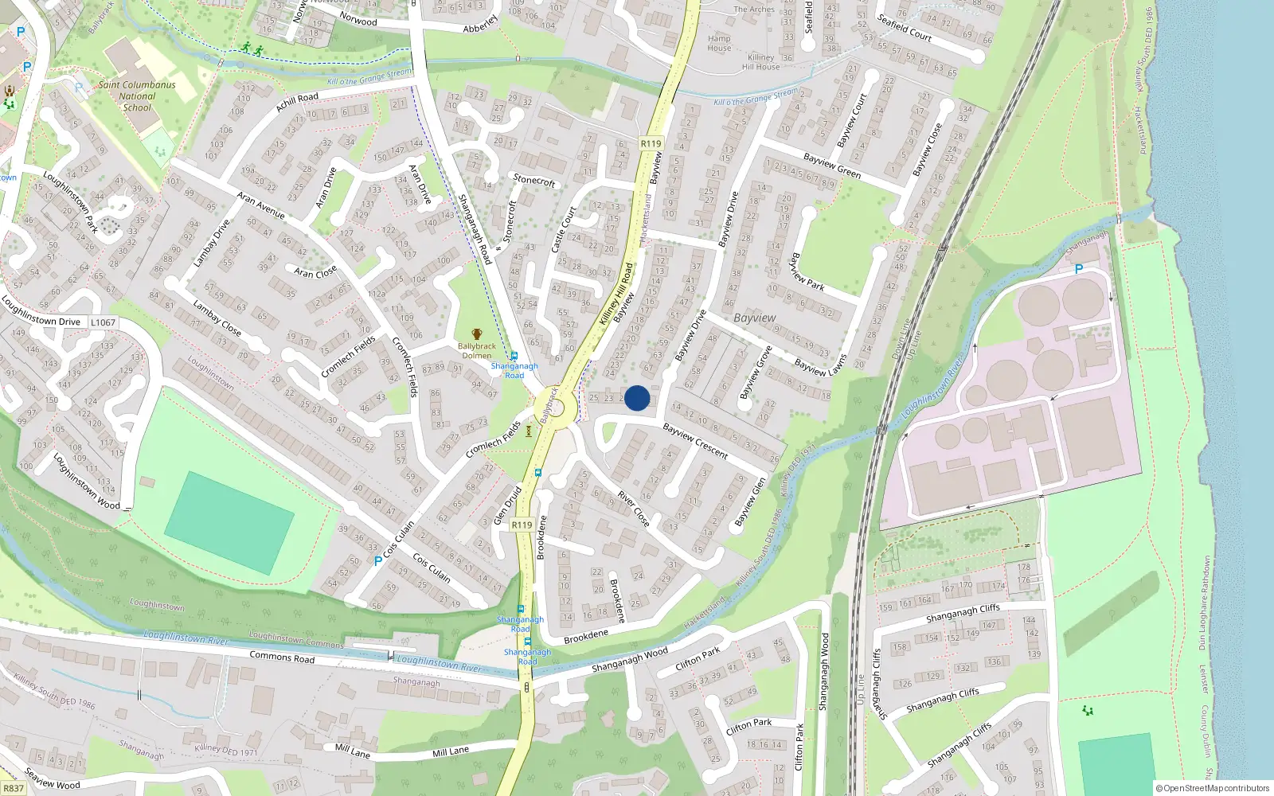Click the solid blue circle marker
tap(637, 398)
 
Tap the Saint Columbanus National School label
tap(137, 96)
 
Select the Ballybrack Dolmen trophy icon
tap(477, 334)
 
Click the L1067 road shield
tap(103, 322)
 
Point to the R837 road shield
tap(14, 788)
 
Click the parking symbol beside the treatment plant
tap(1079, 269)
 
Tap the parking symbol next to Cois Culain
tap(378, 560)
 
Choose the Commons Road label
tap(282, 657)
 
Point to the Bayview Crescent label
tap(695, 441)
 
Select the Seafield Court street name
tap(905, 27)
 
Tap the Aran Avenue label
tap(260, 205)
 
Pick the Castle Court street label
tap(564, 229)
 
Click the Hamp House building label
tap(719, 43)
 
